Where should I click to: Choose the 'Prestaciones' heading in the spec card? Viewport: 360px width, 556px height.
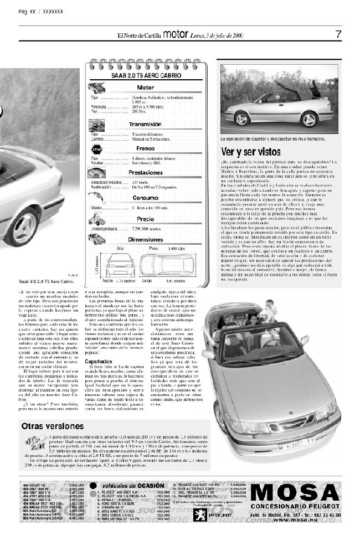pos(145,173)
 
